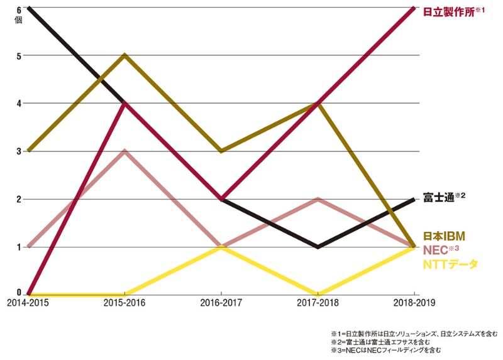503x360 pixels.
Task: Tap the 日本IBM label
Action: [x=443, y=236]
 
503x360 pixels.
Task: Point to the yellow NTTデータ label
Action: [x=450, y=265]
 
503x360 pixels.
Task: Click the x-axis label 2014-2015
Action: [x=28, y=302]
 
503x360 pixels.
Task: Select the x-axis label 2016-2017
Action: [x=221, y=302]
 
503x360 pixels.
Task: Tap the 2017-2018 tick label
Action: [x=318, y=302]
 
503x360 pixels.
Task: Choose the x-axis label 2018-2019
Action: [x=414, y=302]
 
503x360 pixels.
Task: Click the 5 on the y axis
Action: [x=19, y=55]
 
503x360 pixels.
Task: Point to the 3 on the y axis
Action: [x=19, y=151]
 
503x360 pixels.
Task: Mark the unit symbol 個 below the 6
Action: [x=19, y=20]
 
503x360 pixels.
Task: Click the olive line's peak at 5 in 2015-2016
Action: [x=125, y=55]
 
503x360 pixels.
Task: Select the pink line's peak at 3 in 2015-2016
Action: [x=125, y=151]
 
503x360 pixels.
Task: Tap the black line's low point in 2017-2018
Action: [x=318, y=246]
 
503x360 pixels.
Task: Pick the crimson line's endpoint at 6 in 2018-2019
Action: [x=413, y=8]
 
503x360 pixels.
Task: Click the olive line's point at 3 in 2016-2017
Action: [x=221, y=151]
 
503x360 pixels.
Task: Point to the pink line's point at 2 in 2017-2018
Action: [x=318, y=199]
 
